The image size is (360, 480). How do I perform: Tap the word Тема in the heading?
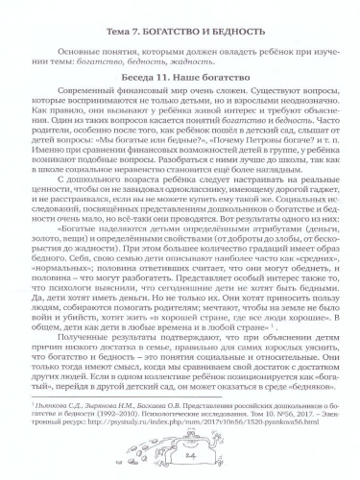(x=113, y=11)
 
